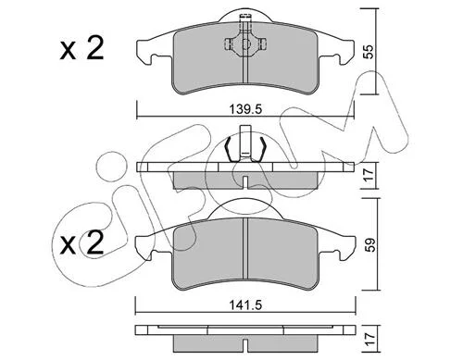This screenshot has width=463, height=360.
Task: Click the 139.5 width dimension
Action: (x=245, y=109)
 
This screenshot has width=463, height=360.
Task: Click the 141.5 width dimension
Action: (x=245, y=305)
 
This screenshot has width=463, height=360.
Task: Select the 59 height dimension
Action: (x=370, y=244)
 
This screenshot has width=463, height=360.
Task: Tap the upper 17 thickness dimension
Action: (x=369, y=175)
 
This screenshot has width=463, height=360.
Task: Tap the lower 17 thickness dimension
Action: (x=369, y=339)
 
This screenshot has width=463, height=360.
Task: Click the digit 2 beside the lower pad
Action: (x=94, y=242)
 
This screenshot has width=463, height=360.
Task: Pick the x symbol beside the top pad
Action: (x=68, y=50)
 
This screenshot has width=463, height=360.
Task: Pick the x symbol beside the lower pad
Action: (x=68, y=245)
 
